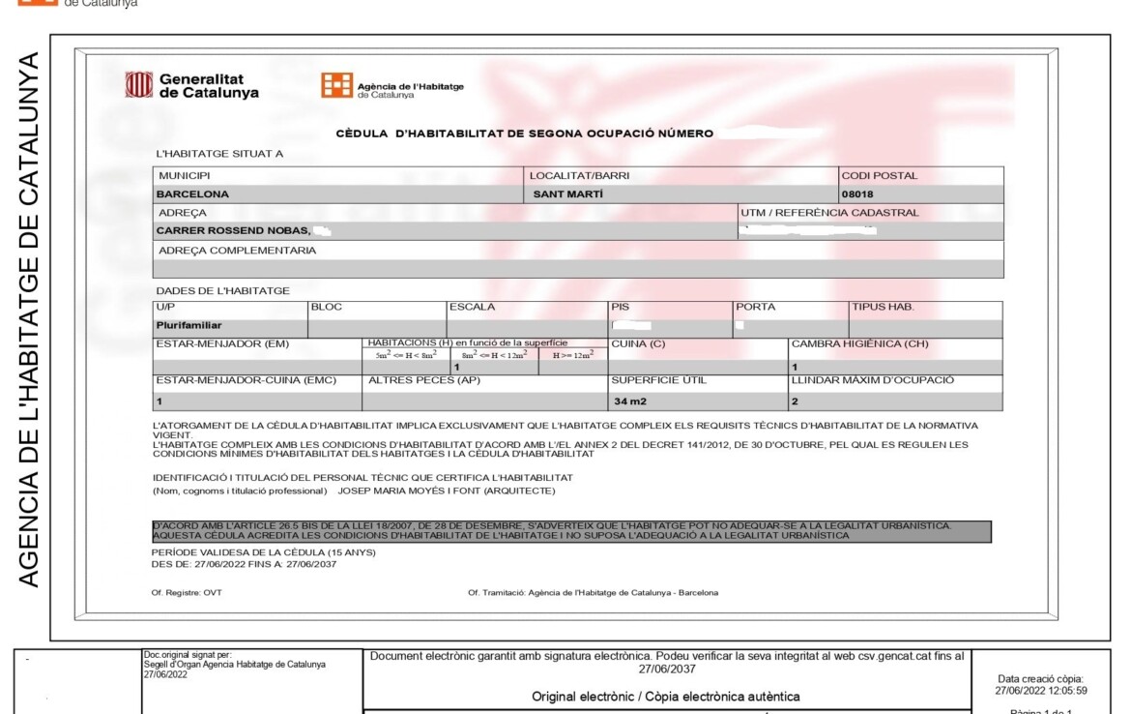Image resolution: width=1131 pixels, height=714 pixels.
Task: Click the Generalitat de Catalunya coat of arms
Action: pyautogui.click(x=139, y=85)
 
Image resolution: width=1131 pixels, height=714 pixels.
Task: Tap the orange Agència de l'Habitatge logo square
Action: pyautogui.click(x=336, y=85)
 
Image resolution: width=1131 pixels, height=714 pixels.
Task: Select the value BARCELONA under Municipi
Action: pyautogui.click(x=193, y=193)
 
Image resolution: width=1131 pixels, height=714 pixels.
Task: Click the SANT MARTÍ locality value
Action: pyautogui.click(x=568, y=193)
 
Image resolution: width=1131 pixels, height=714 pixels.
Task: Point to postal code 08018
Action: pyautogui.click(x=857, y=193)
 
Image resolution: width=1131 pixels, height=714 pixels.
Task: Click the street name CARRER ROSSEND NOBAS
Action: pyautogui.click(x=233, y=230)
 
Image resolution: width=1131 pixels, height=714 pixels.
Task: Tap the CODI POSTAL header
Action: pyautogui.click(x=880, y=175)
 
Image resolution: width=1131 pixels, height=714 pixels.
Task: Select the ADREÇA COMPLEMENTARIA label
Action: pyautogui.click(x=237, y=250)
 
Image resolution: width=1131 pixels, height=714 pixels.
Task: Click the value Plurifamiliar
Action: pyautogui.click(x=189, y=325)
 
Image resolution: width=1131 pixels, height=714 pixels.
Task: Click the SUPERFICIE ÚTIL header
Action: pyautogui.click(x=658, y=380)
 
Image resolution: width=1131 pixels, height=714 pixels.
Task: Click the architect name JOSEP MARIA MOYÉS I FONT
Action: pyautogui.click(x=447, y=491)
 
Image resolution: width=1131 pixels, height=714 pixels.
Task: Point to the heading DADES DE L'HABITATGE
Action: pyautogui.click(x=222, y=290)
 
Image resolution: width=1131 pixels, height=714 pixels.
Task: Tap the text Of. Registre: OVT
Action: pyautogui.click(x=187, y=592)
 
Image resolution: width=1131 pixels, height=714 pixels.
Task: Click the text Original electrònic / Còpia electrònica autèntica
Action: pyautogui.click(x=666, y=697)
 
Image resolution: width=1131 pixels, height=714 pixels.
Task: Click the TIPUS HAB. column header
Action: pyautogui.click(x=882, y=307)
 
